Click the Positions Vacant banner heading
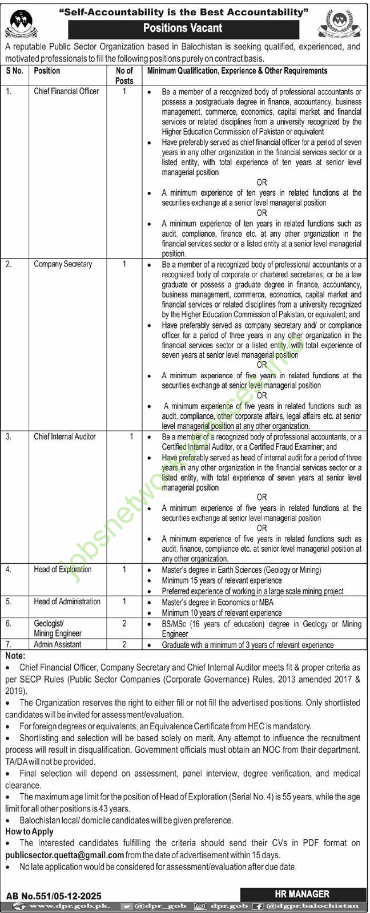coord(182,27)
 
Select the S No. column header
coord(15,71)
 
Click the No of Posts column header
coord(124,75)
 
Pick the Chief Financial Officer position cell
coord(66,91)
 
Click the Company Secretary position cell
coord(63,264)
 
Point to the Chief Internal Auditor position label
coord(65,437)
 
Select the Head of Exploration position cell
coord(62,569)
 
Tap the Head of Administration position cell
coord(67,601)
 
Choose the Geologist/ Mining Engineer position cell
coord(58,628)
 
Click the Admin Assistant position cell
coord(58,644)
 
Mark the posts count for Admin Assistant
coord(124,644)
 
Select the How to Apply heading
coord(29,831)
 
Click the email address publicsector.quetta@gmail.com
coord(65,855)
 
